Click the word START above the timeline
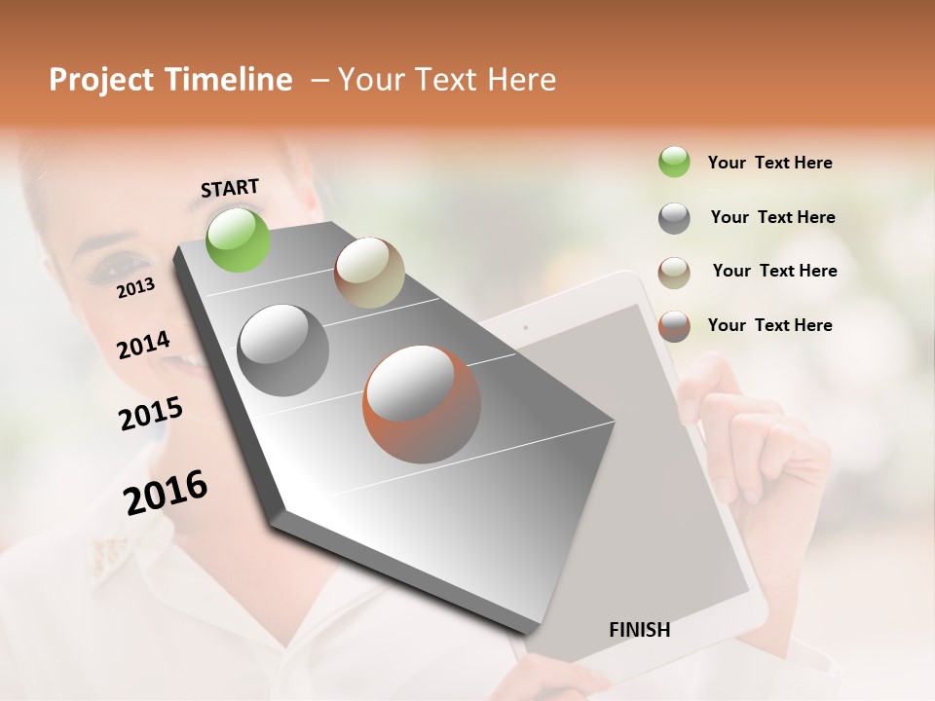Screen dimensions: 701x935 pos(230,188)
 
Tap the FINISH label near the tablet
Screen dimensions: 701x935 pos(639,630)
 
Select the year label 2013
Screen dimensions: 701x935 pos(135,287)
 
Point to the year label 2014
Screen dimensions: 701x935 pos(143,345)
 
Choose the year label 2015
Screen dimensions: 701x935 pos(151,414)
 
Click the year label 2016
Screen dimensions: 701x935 pos(166,492)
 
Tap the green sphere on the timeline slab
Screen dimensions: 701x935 pos(239,240)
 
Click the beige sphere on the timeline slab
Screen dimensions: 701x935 pos(369,273)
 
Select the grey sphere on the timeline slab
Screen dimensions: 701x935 pos(282,350)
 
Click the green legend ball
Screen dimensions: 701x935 pos(674,162)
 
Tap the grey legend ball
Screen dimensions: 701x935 pos(674,218)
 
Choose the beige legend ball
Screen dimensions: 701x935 pos(674,273)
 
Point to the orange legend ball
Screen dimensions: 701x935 pos(674,326)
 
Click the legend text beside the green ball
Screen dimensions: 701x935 pos(769,163)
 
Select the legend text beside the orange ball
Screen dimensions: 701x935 pos(769,325)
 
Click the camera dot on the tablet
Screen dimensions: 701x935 pos(525,327)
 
